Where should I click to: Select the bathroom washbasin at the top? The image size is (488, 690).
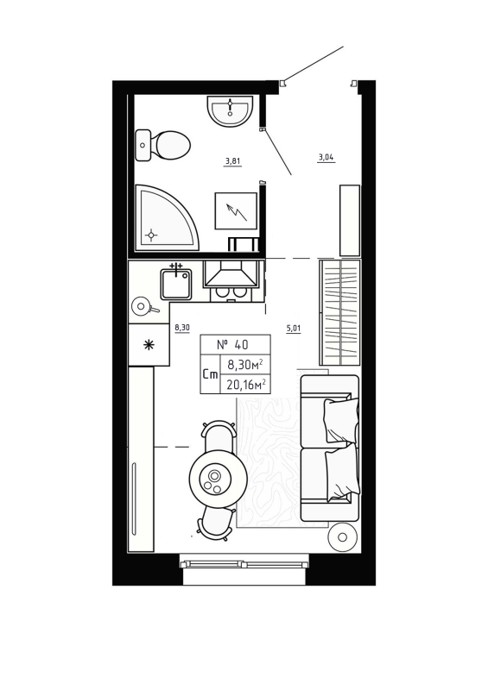[x=230, y=110]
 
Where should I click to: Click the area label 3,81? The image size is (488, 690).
[x=232, y=160]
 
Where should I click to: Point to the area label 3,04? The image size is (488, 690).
[x=326, y=157]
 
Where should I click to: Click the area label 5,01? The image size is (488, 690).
[x=293, y=328]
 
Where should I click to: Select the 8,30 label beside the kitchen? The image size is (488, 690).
[x=181, y=328]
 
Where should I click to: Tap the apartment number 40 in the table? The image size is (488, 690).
[x=235, y=343]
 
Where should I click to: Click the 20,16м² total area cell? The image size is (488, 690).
[x=246, y=385]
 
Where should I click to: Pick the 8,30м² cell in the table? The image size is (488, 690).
[x=246, y=364]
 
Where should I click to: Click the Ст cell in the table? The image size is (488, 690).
[x=209, y=375]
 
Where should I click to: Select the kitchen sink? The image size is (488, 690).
[x=176, y=284]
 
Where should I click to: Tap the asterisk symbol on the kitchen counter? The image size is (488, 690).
[x=149, y=346]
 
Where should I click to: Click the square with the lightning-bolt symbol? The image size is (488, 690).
[x=236, y=210]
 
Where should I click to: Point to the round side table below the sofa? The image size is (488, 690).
[x=343, y=537]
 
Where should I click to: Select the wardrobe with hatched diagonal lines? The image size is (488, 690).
[x=339, y=313]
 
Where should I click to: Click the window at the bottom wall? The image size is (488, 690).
[x=244, y=565]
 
